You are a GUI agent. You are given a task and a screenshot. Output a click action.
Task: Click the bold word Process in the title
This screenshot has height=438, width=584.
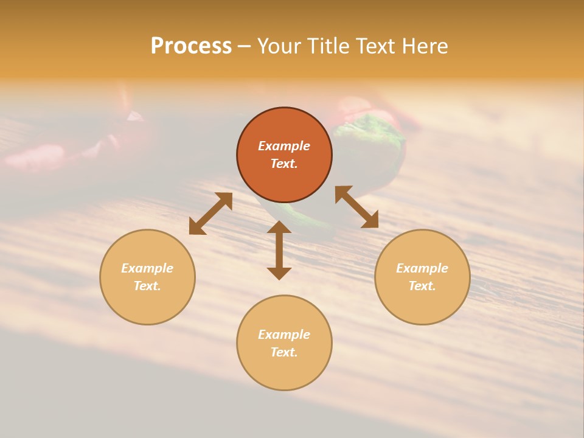coord(191,46)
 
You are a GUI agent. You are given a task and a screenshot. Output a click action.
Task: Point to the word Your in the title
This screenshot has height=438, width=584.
coord(278,46)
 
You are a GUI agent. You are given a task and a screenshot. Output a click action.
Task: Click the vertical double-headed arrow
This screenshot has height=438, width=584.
coord(279,250)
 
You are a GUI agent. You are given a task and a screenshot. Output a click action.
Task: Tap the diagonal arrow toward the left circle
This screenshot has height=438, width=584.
coord(210,214)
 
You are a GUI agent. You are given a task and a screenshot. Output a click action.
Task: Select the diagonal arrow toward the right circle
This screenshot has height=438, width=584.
coord(356,207)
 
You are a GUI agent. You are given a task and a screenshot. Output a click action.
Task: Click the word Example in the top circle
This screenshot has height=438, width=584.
coord(284,146)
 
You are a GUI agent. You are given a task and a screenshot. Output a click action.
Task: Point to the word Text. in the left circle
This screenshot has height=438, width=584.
coord(147,286)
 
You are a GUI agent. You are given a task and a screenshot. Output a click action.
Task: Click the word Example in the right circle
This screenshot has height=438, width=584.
coord(422,268)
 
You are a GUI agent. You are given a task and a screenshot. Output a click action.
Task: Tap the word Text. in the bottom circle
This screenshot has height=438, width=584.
coord(284,352)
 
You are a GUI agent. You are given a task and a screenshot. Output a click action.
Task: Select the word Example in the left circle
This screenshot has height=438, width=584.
coord(147,268)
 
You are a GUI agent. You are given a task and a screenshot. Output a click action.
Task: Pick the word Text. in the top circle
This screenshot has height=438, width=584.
coord(284,164)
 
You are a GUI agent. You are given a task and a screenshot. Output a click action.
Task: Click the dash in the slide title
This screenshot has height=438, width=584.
coord(244,47)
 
